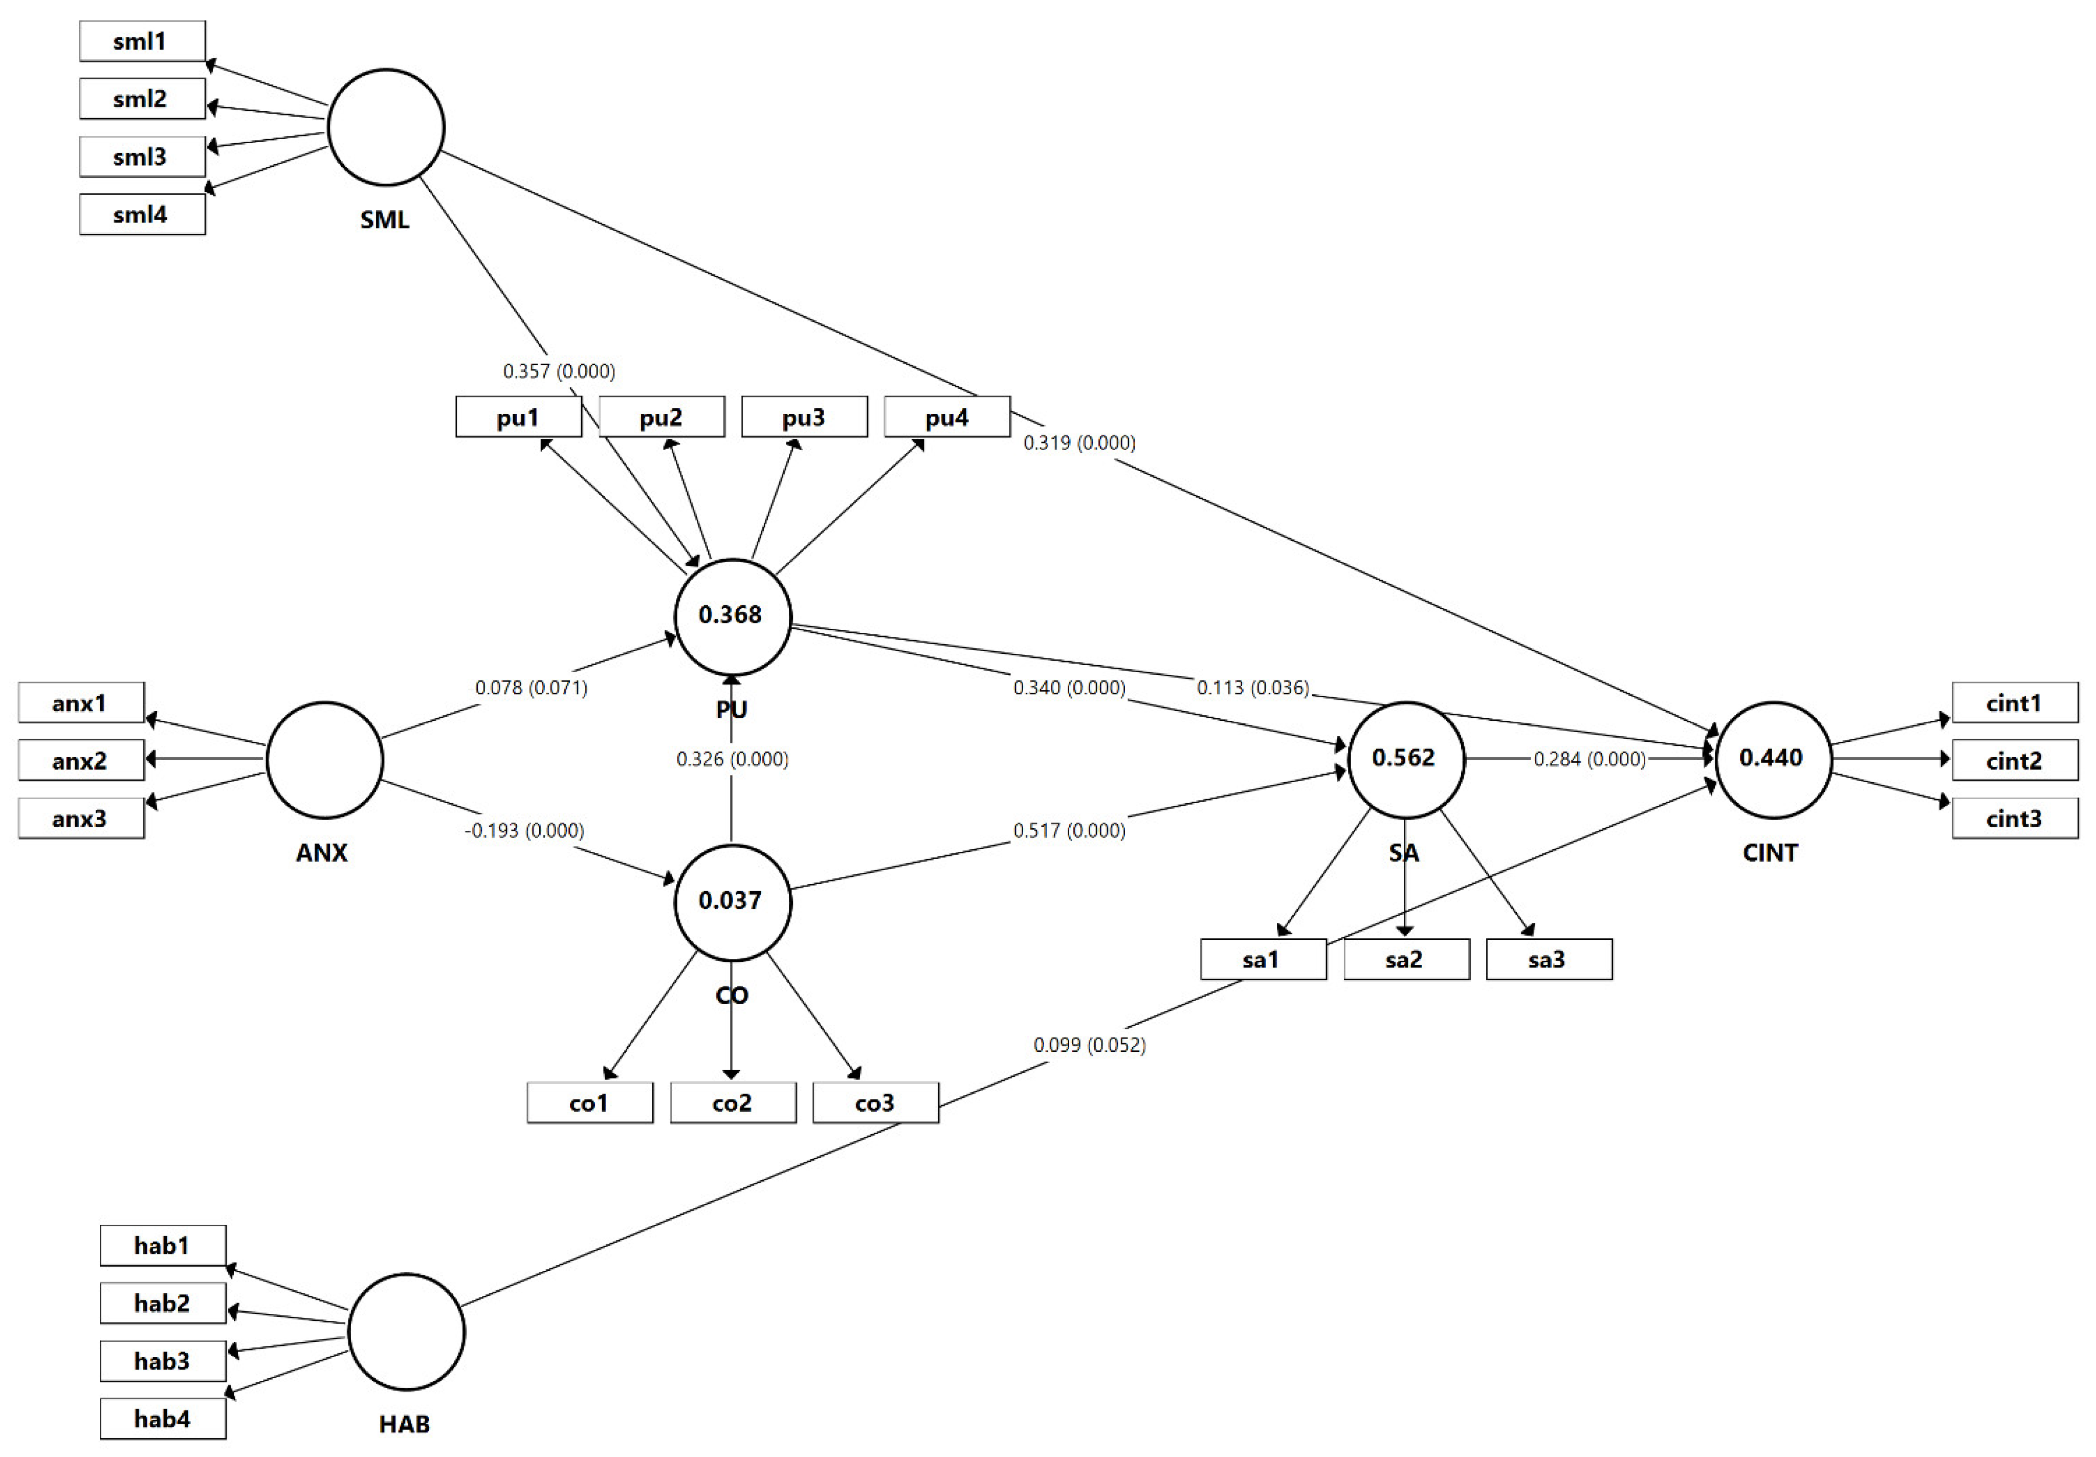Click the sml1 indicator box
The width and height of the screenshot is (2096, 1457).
[x=142, y=41]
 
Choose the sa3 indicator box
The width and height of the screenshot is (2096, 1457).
[x=1548, y=959]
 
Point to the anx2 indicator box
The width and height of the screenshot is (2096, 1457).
[x=80, y=760]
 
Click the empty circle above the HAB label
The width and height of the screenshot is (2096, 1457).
[x=406, y=1332]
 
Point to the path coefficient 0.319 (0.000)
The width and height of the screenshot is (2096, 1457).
[x=1079, y=443]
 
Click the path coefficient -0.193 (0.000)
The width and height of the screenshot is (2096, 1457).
[x=524, y=831]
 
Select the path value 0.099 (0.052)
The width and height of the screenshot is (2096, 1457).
[x=1089, y=1044]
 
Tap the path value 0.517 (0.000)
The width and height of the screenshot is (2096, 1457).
[x=1069, y=831]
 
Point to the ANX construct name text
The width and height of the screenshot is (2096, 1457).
[x=321, y=853]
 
